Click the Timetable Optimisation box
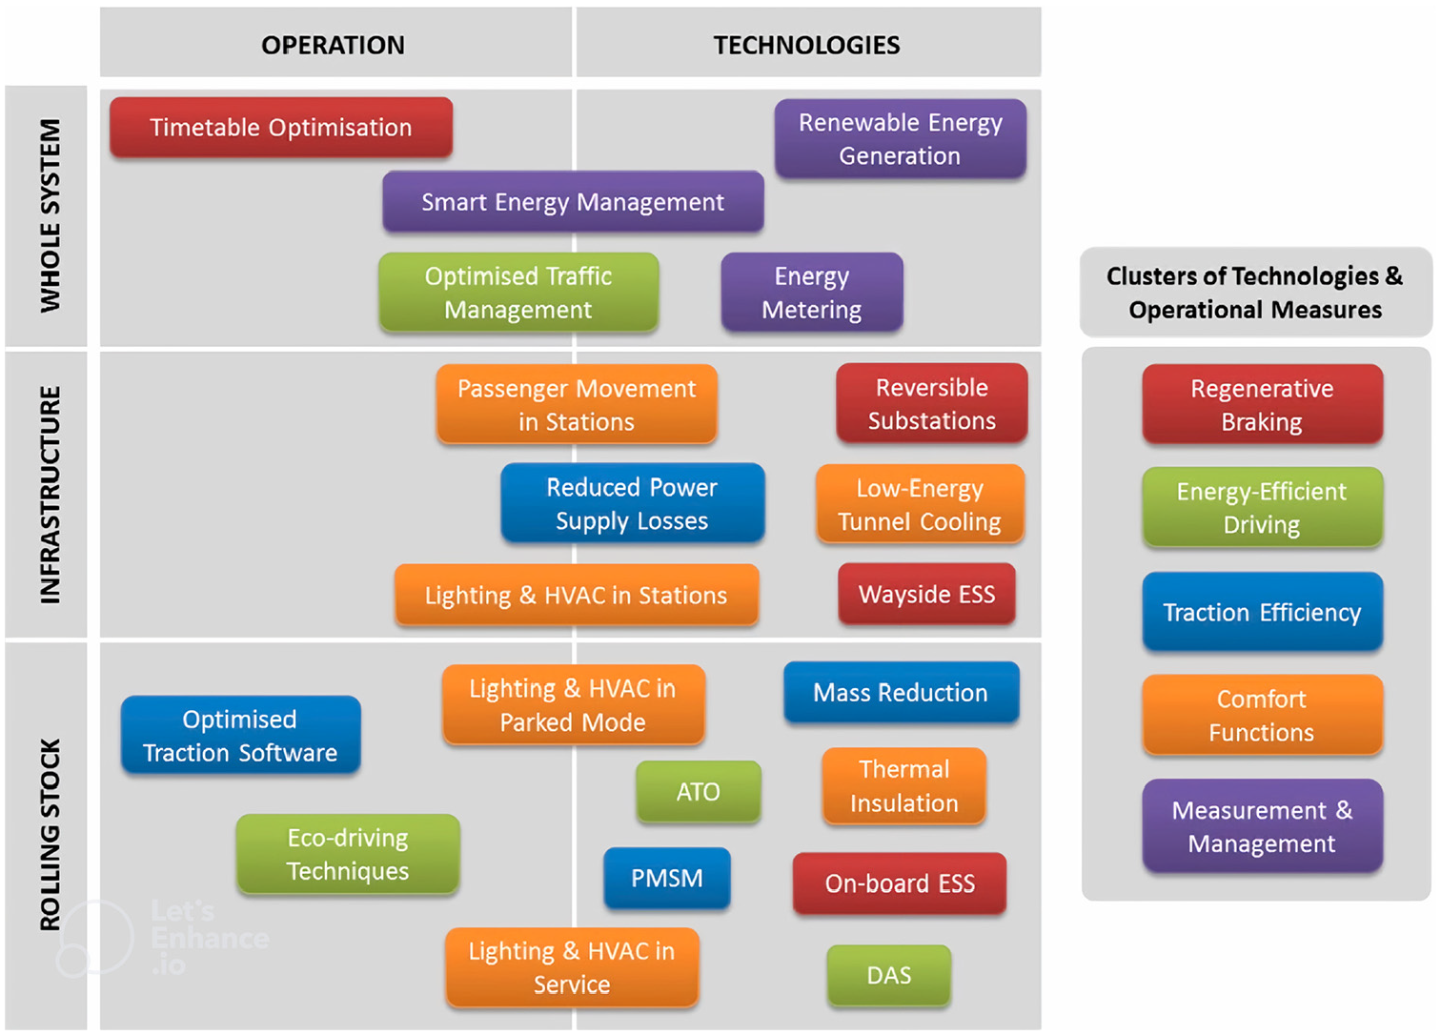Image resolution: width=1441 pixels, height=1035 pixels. point(281,127)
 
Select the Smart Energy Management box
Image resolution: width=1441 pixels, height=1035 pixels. point(573,201)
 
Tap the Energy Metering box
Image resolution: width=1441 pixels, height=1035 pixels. point(812,292)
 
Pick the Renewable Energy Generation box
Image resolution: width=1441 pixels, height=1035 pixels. point(900,138)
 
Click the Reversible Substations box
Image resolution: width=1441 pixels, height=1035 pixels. point(931,403)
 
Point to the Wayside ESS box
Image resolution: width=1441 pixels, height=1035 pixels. point(927,594)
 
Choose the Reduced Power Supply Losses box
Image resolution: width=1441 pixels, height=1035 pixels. point(633,503)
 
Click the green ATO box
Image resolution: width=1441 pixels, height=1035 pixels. point(699,791)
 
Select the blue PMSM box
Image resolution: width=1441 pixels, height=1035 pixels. point(667,878)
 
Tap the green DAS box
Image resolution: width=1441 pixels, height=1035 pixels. point(889,975)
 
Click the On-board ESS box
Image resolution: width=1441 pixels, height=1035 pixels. point(900,883)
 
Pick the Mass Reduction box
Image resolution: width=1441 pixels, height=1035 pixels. point(902,692)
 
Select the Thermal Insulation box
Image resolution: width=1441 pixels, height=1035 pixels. point(903,786)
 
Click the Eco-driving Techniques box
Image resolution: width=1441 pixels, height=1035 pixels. point(348,854)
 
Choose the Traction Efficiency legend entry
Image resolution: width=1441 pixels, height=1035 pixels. point(1262,612)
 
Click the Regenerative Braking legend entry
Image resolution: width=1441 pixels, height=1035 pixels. point(1262,405)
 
